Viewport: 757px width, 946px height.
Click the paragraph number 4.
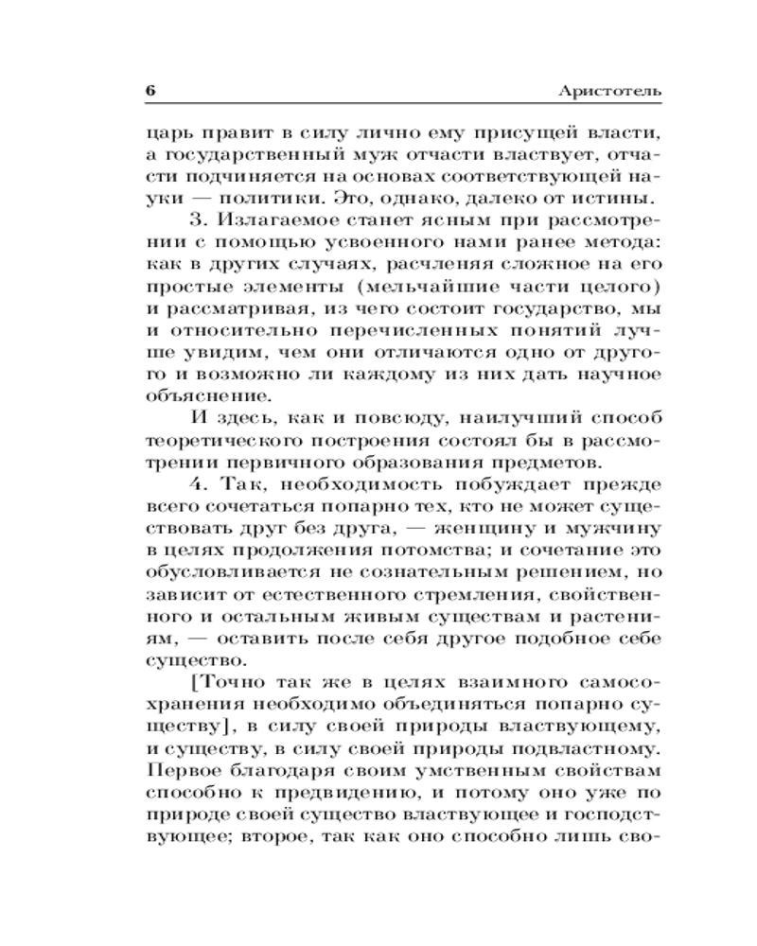tap(198, 486)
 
